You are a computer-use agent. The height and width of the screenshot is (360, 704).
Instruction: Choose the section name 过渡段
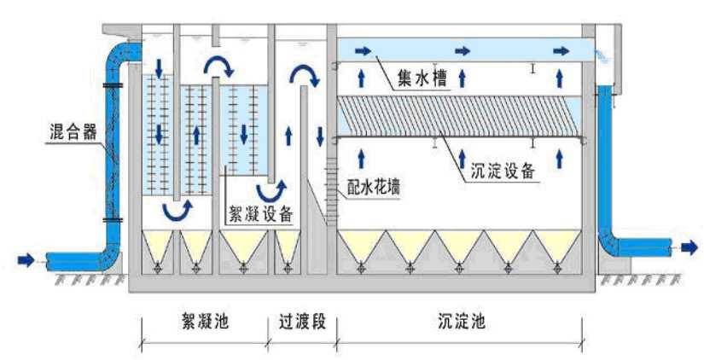point(302,322)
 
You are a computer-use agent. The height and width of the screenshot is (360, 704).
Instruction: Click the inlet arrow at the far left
point(27,258)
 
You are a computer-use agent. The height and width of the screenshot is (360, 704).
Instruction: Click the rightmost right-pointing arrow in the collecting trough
point(561,51)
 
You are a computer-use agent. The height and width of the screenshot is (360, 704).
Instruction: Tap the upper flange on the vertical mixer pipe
point(112,85)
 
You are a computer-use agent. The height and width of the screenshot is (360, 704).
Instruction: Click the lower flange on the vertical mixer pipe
point(112,220)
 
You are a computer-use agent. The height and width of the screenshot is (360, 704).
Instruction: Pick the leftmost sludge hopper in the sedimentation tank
point(362,247)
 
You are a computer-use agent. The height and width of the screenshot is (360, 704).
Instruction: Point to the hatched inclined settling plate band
point(461,115)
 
